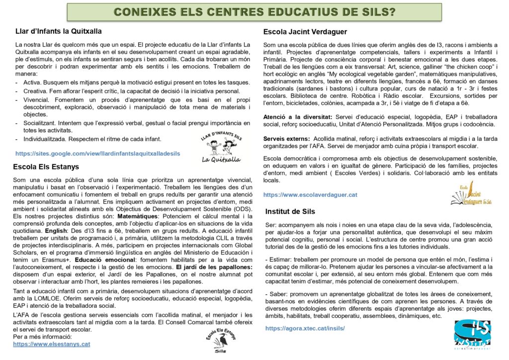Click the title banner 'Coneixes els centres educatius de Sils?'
coord(254,12)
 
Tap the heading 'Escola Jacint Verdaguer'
coord(305,32)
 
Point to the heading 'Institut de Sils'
coord(290,211)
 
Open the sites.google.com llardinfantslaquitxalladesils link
coord(98,154)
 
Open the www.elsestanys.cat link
coord(52,344)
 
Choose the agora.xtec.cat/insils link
coord(305,328)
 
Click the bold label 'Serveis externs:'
coord(286,138)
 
